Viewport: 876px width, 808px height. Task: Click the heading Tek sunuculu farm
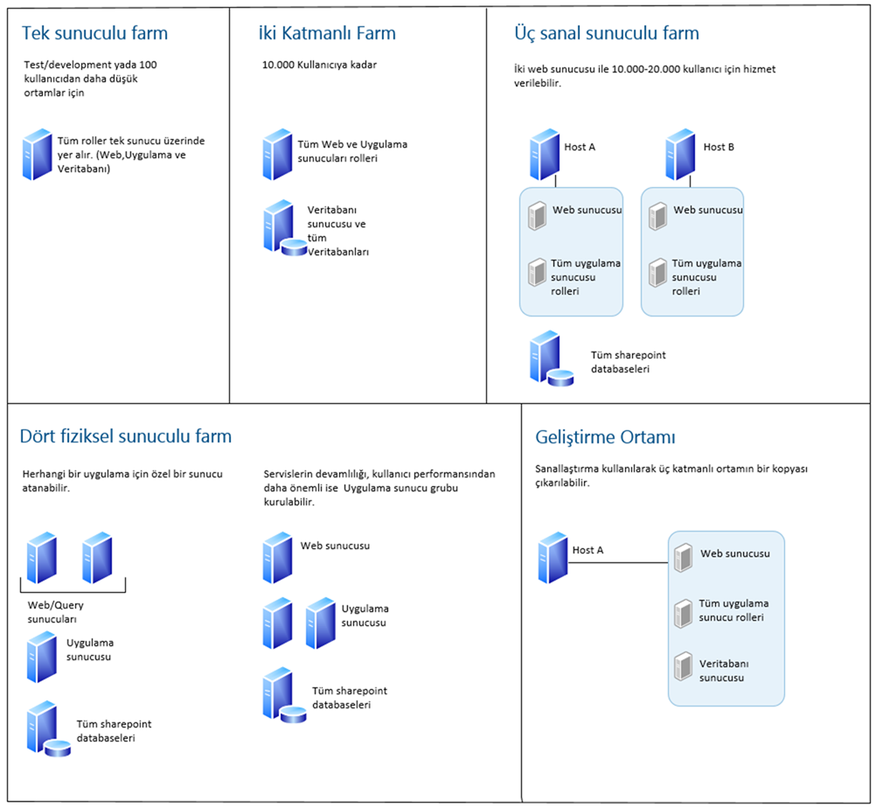(x=94, y=34)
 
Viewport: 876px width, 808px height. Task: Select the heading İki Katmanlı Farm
(x=327, y=34)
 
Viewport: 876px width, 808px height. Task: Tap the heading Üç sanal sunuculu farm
(x=606, y=34)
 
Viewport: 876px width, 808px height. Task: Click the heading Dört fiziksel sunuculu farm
(x=127, y=435)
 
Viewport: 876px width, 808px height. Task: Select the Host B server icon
(x=681, y=155)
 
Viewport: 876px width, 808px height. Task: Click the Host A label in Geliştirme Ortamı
(x=587, y=550)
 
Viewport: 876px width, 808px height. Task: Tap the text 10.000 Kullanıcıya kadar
(x=319, y=65)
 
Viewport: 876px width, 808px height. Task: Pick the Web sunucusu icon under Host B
(x=657, y=215)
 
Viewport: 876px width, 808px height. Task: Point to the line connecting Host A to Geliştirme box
(x=619, y=562)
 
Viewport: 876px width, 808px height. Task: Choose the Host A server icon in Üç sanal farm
(x=544, y=155)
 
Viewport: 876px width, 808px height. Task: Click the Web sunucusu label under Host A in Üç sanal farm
(x=587, y=211)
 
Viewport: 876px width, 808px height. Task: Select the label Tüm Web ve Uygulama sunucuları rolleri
(x=353, y=151)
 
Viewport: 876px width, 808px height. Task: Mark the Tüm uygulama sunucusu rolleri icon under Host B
(x=657, y=273)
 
